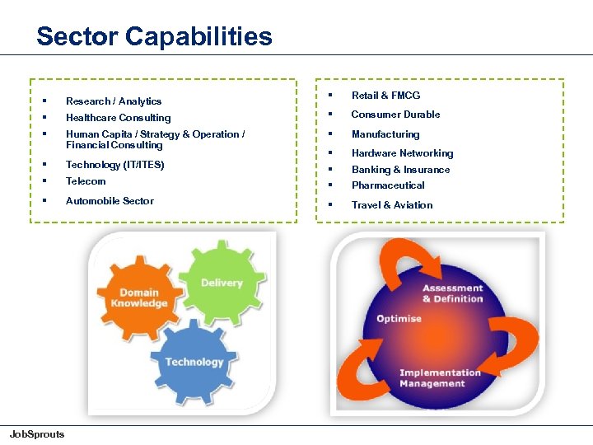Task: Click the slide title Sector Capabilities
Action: (154, 36)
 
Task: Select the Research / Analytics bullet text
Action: (114, 101)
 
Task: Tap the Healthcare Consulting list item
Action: (118, 118)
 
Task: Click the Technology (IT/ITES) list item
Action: (114, 165)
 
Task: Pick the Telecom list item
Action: (86, 181)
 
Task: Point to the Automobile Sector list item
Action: (110, 201)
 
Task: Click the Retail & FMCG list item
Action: (385, 96)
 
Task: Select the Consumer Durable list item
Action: (395, 115)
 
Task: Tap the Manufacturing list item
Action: (385, 134)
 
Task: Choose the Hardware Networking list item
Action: (402, 153)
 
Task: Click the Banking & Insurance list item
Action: (400, 170)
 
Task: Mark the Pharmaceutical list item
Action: (388, 185)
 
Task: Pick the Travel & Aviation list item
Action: (392, 205)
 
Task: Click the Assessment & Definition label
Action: (452, 293)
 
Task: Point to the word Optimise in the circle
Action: (399, 318)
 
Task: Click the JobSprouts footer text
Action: (36, 434)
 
